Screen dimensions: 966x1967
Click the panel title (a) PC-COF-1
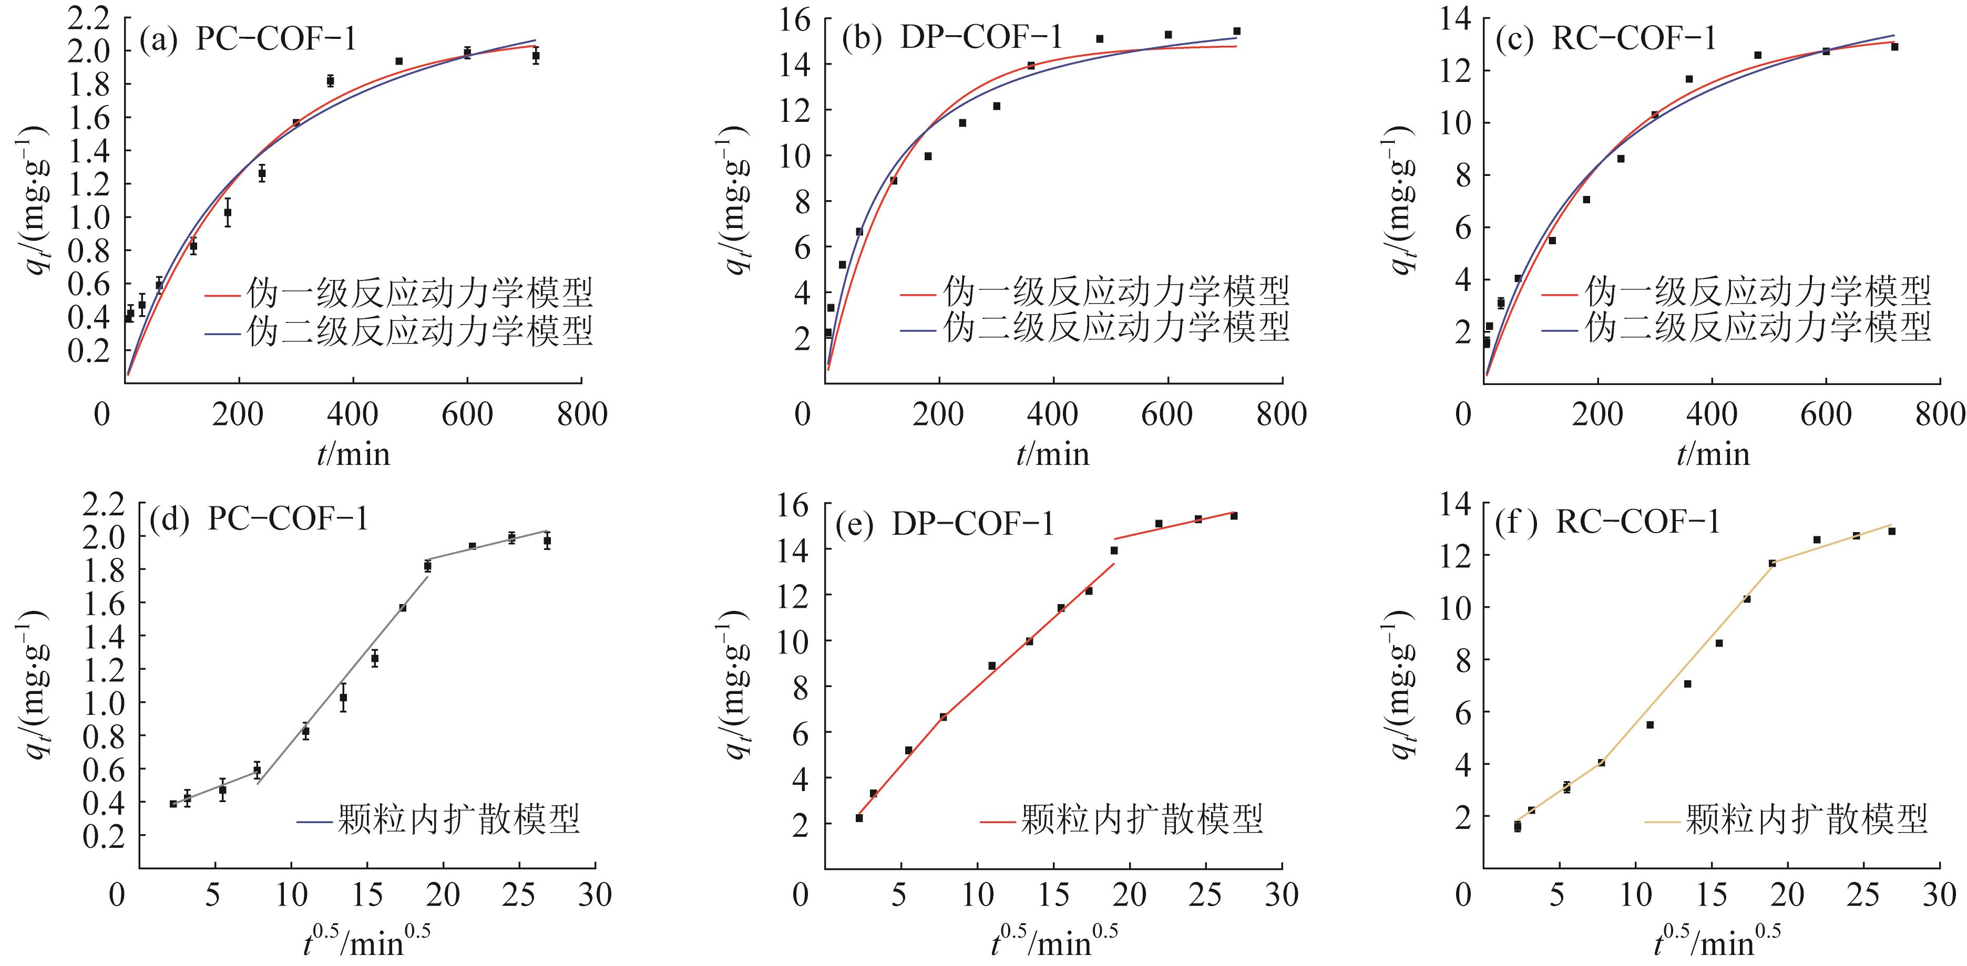pos(248,39)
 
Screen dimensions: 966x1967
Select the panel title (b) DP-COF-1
pos(951,37)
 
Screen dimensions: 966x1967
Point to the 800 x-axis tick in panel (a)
pos(582,414)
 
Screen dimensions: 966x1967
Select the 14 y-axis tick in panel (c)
pos(1456,18)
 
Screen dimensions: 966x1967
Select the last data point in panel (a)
pos(536,56)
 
